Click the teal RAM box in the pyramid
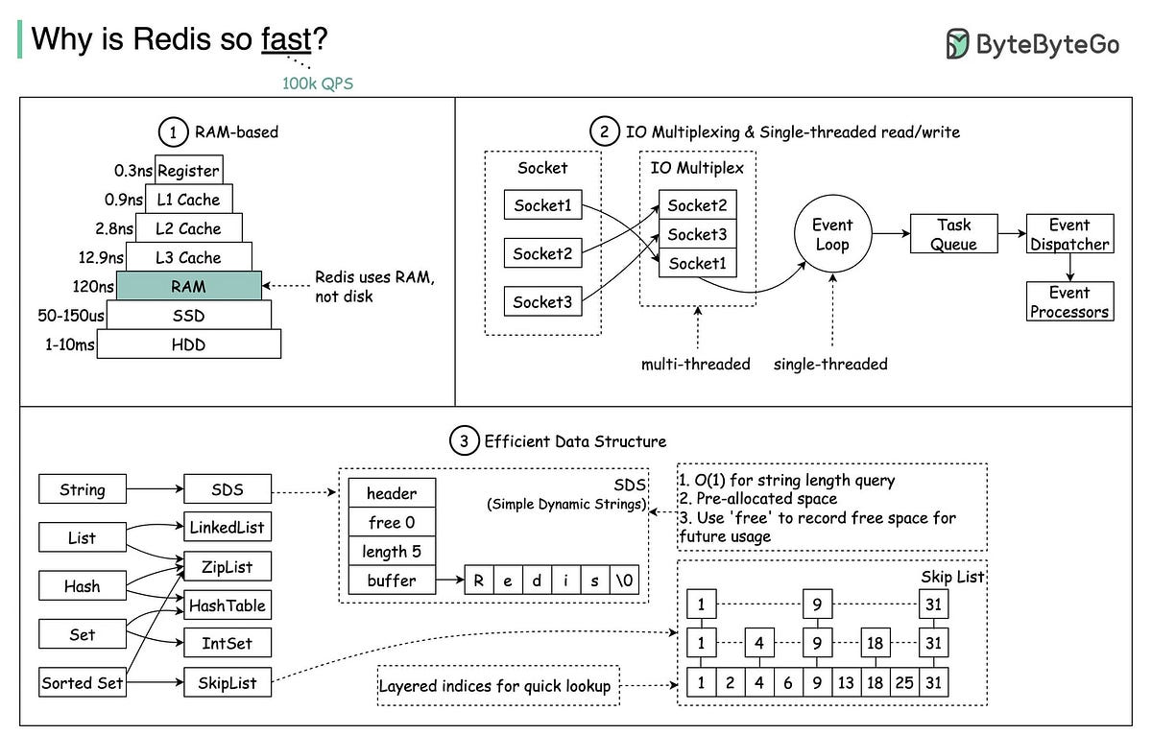click(188, 286)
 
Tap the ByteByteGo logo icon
click(957, 43)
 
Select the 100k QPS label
click(318, 83)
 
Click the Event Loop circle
click(831, 234)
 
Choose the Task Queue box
click(953, 234)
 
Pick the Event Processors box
click(1069, 301)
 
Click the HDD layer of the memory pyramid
click(189, 344)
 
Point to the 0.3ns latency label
click(133, 171)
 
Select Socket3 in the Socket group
click(542, 301)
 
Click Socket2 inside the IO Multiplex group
click(697, 205)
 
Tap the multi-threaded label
click(696, 364)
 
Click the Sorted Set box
click(83, 683)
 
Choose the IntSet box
click(228, 643)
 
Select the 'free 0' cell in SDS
click(391, 523)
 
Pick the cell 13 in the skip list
click(846, 683)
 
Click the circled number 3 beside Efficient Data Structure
click(464, 441)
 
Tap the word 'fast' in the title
click(286, 39)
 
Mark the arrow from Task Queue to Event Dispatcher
click(1011, 234)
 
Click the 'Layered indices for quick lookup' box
click(498, 686)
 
